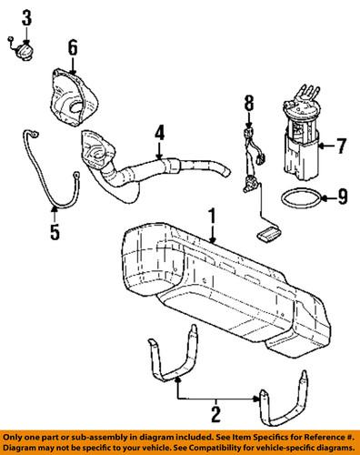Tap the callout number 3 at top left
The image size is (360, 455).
pos(26,17)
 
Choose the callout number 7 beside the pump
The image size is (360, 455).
pos(341,144)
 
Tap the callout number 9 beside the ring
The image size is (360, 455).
pos(342,194)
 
